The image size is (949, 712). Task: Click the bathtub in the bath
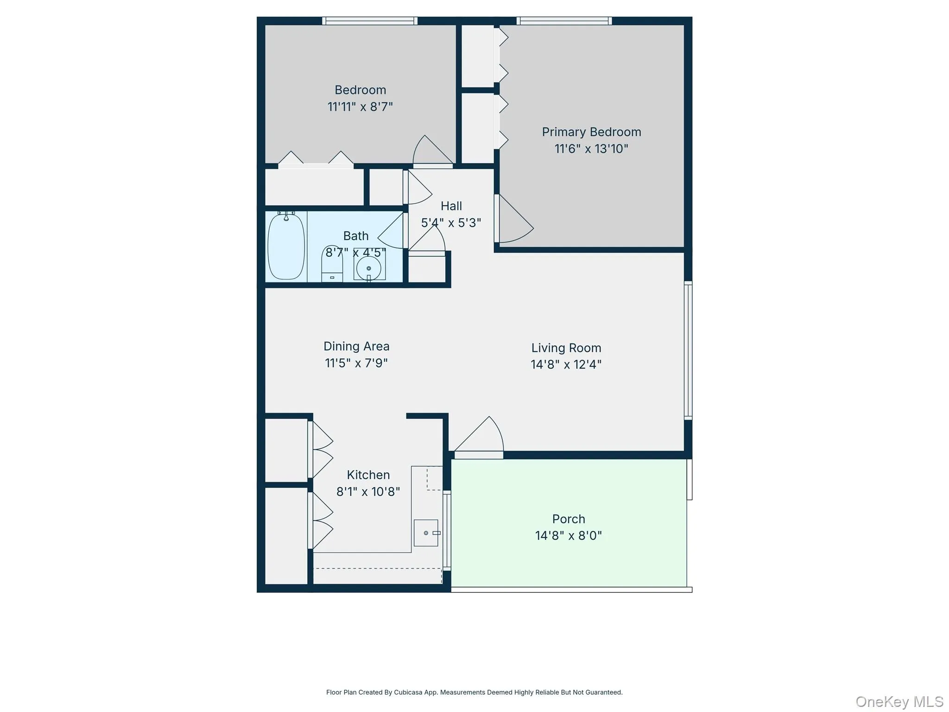pos(286,246)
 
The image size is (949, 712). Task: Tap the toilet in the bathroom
pos(332,264)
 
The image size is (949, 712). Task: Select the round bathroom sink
pos(369,268)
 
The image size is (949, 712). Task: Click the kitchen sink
pos(426,533)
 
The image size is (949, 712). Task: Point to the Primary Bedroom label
pos(591,132)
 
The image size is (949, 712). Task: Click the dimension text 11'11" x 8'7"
pos(360,107)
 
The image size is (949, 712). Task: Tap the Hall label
pos(451,206)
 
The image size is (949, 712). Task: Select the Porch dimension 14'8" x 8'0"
pos(568,536)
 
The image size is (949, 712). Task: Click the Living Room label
pos(566,348)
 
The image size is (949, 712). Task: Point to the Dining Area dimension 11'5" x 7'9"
pos(356,363)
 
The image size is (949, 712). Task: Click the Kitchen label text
pos(368,475)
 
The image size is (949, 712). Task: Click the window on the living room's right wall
pos(688,350)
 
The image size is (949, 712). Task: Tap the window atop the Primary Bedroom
pos(564,21)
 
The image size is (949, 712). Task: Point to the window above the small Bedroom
pos(369,21)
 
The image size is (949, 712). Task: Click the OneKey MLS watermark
pos(899,702)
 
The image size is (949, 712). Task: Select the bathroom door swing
pos(392,232)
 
